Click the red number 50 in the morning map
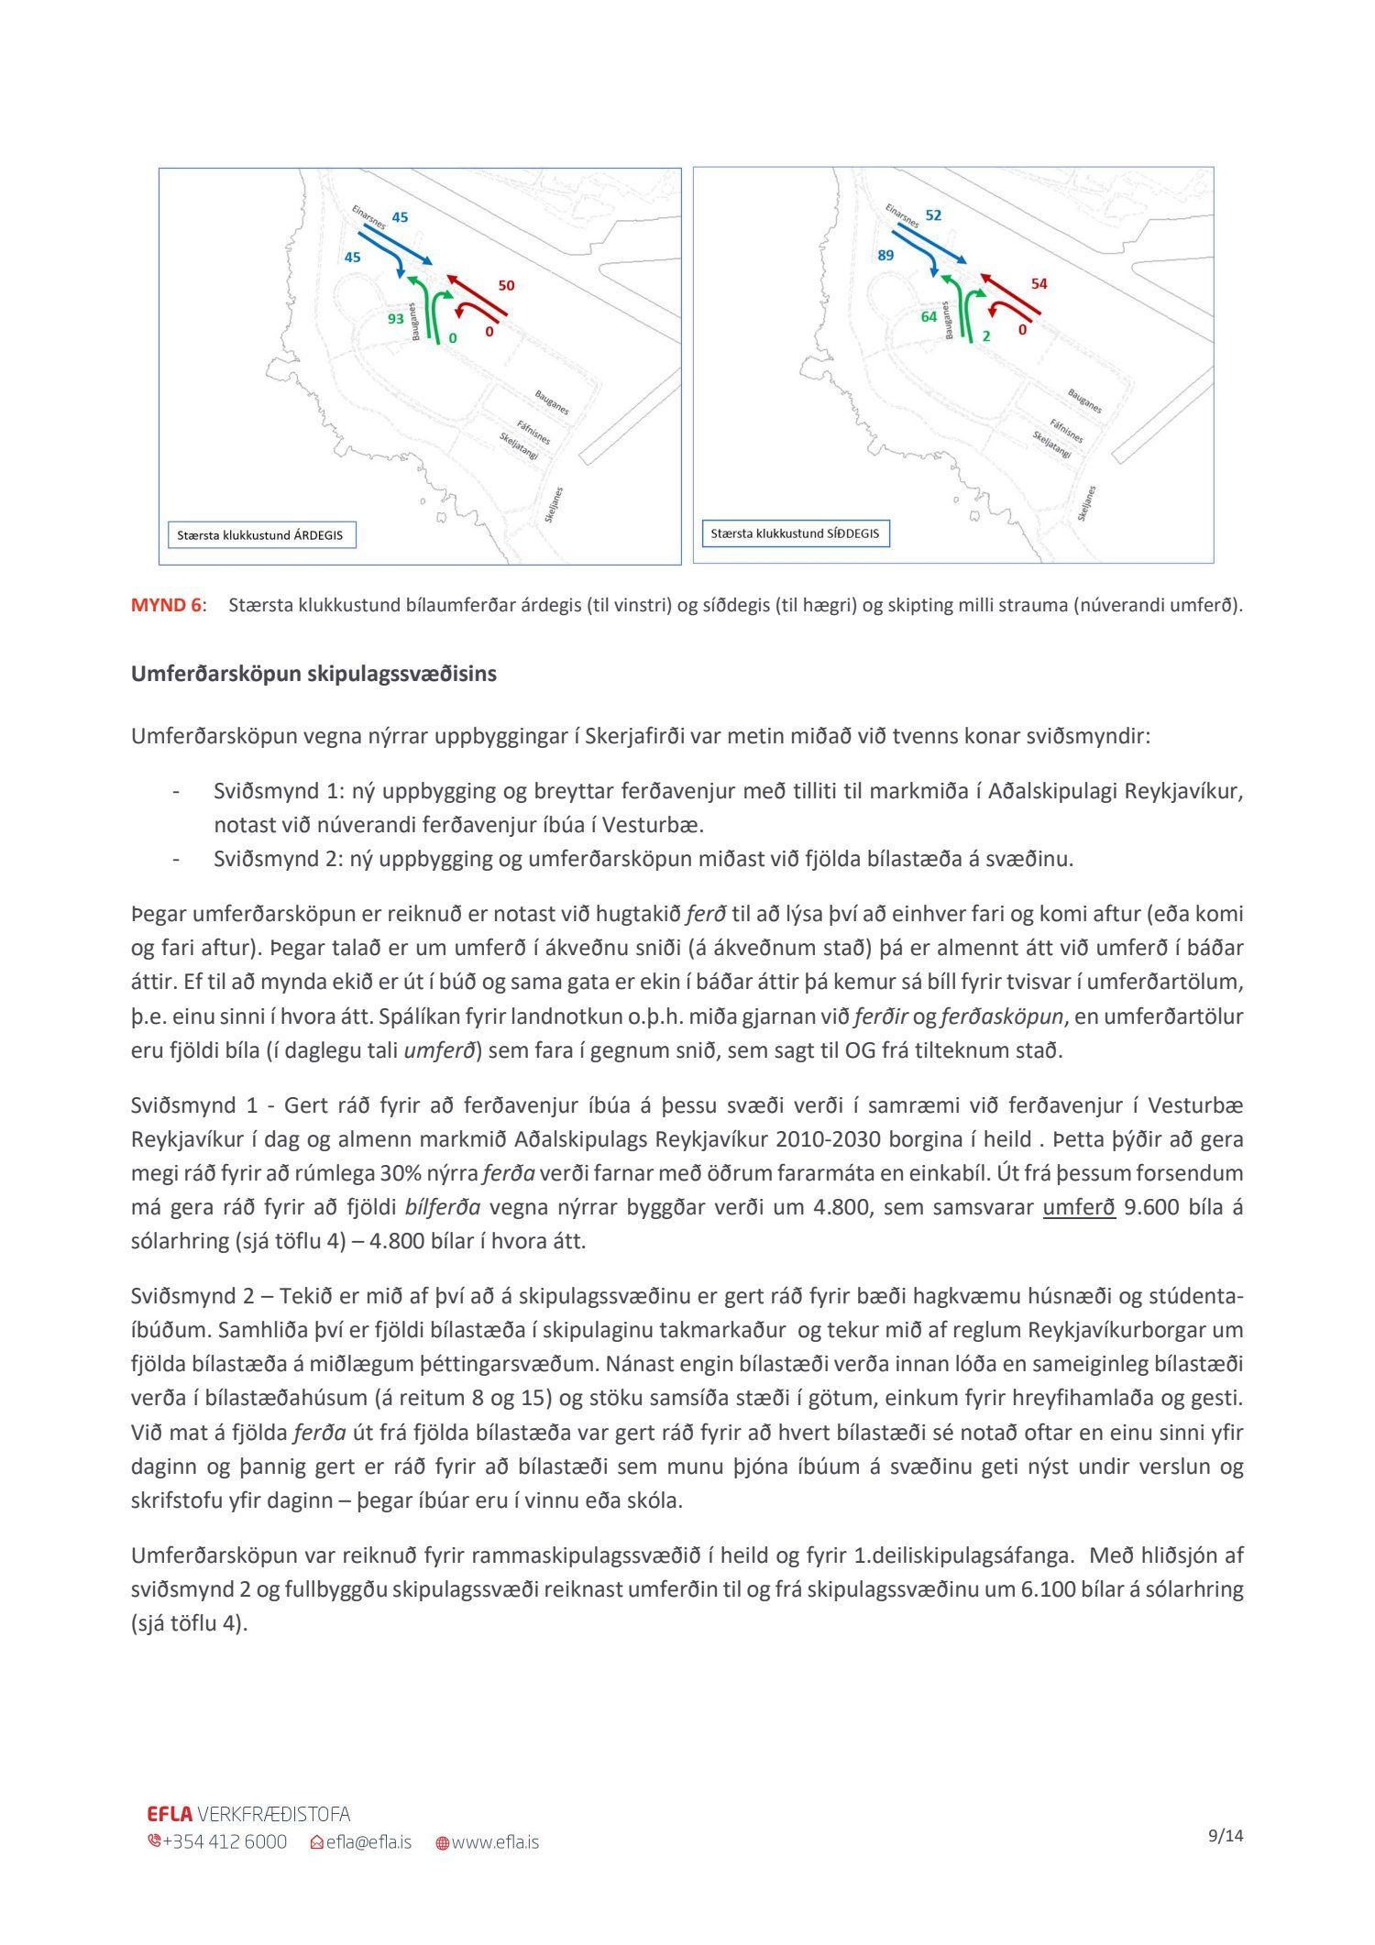pos(506,286)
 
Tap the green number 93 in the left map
pos(395,319)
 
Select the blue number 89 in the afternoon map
pos(885,256)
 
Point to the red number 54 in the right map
pos(1039,284)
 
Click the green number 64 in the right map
pos(929,317)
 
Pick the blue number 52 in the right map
pos(933,215)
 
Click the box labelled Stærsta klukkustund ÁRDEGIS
pos(260,535)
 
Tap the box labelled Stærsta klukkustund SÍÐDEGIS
pos(795,533)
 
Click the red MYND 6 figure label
pos(166,605)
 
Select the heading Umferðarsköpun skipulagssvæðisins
pos(313,674)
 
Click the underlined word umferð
pos(1078,1207)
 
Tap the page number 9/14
pos(1226,1836)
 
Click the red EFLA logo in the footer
pos(170,1814)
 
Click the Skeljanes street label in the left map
pos(554,505)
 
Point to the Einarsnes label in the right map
pos(902,215)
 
